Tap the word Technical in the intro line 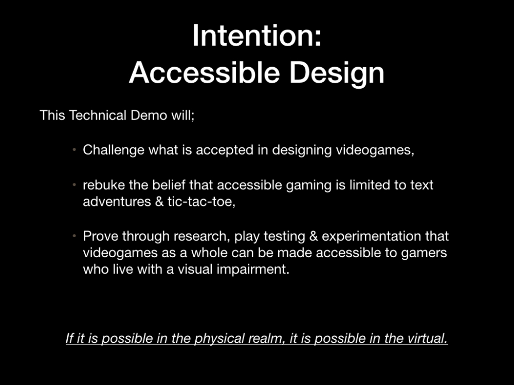(x=98, y=115)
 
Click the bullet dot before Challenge (x=75, y=150)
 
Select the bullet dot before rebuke (x=75, y=185)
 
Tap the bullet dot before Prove (x=75, y=236)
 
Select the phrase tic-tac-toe (x=201, y=202)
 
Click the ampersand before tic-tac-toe (x=159, y=202)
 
